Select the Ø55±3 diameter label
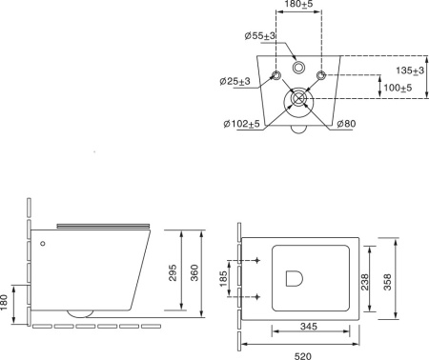click(x=259, y=36)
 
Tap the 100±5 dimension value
click(x=398, y=88)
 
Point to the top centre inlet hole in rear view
click(x=298, y=68)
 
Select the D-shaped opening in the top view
click(x=296, y=279)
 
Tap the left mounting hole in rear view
click(x=276, y=75)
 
